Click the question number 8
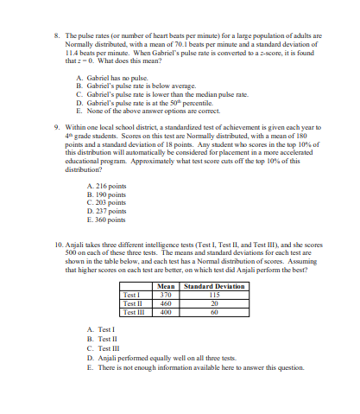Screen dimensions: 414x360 [x=56, y=37]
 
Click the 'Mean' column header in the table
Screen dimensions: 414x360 [x=167, y=286]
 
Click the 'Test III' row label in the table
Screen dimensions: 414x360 [x=134, y=312]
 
